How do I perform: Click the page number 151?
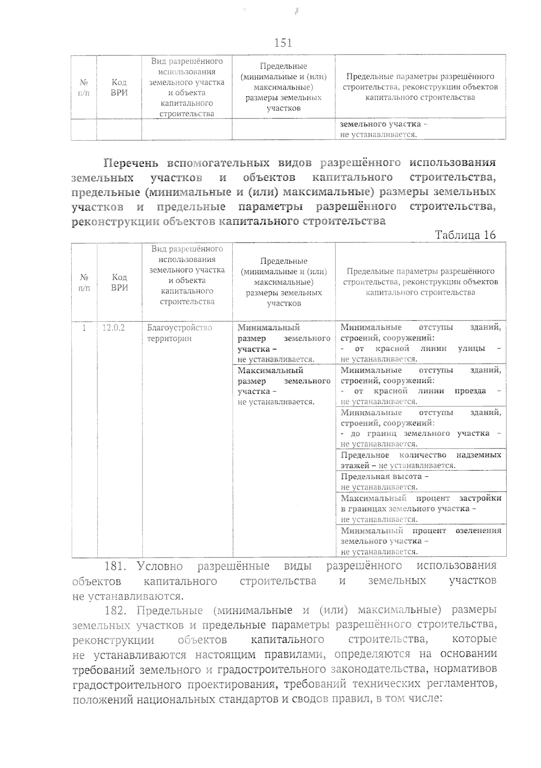pos(283,43)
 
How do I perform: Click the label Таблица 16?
pos(465,234)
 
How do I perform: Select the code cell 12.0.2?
pos(113,328)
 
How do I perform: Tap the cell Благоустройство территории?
pos(179,333)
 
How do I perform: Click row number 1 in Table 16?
pos(84,328)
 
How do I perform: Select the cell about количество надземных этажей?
pos(420,460)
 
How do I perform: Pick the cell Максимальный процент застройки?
pos(420,508)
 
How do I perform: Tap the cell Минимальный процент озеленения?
pos(420,541)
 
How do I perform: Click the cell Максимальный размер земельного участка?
pos(284,386)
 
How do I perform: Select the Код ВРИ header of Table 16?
pos(119,282)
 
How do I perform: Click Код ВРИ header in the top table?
pos(119,87)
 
